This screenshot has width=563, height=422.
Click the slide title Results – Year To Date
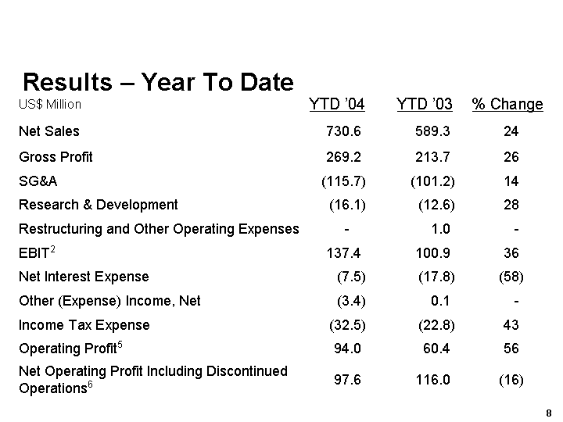158,82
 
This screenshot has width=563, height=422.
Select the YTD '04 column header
336,105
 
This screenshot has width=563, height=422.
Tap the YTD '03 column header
424,105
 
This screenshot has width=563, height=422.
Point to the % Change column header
507,105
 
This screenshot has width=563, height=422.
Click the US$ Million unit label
50,104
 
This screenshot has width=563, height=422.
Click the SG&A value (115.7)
343,181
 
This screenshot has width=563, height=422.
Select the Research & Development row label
99,205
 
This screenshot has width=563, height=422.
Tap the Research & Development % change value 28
511,205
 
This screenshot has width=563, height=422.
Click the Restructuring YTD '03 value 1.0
440,229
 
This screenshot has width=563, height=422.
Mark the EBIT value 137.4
343,252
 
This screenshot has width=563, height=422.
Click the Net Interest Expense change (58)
511,277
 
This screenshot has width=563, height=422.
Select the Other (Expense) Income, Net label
109,301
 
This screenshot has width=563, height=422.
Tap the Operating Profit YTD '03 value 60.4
434,349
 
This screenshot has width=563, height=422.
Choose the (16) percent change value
511,379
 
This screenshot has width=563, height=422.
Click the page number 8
550,413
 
